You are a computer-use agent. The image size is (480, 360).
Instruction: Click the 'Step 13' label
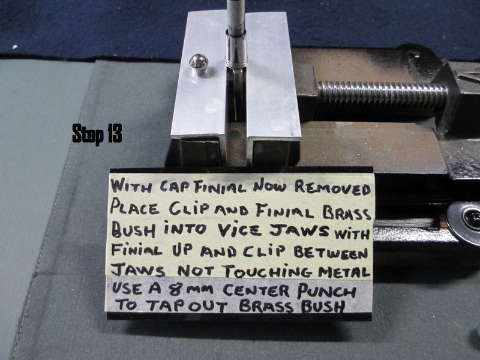(x=97, y=133)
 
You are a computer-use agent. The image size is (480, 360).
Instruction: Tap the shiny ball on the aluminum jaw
(x=198, y=64)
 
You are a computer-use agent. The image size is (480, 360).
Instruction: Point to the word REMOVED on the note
(x=333, y=188)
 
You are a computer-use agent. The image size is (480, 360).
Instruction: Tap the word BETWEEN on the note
(x=331, y=253)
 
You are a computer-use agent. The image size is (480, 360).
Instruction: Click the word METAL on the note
(x=344, y=272)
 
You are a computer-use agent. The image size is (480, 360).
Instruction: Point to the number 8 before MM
(x=175, y=290)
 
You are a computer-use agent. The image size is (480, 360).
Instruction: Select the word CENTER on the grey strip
(x=256, y=290)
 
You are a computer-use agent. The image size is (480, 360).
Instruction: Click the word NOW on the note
(x=269, y=186)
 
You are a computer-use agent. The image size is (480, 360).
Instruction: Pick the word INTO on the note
(x=185, y=229)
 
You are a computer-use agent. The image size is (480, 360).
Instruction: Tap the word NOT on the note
(x=196, y=271)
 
